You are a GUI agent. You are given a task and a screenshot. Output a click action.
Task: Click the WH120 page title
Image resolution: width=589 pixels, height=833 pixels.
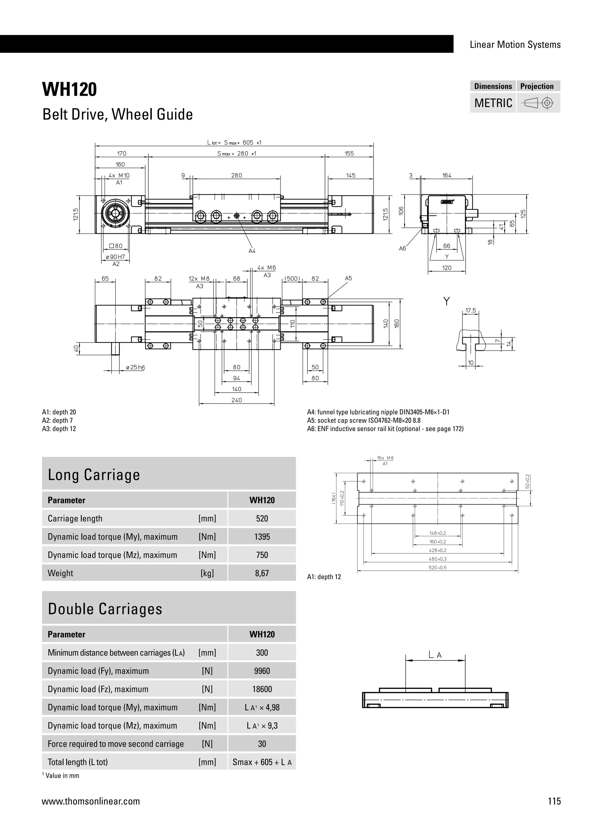pyautogui.click(x=70, y=90)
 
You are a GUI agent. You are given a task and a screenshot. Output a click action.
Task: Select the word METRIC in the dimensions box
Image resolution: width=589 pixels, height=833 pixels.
pyautogui.click(x=493, y=103)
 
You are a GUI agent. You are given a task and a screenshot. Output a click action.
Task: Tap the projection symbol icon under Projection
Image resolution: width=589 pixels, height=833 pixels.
pyautogui.click(x=538, y=103)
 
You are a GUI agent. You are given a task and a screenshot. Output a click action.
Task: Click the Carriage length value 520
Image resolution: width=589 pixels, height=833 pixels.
pyautogui.click(x=262, y=518)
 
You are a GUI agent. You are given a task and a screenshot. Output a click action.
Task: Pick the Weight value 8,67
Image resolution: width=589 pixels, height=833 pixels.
pyautogui.click(x=262, y=573)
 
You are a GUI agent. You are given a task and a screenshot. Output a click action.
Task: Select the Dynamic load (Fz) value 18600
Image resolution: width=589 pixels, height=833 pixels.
pyautogui.click(x=262, y=689)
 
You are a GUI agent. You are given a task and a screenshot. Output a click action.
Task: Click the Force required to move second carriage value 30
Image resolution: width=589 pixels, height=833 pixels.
pyautogui.click(x=262, y=744)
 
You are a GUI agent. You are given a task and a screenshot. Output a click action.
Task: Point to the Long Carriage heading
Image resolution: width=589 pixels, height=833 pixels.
pyautogui.click(x=94, y=475)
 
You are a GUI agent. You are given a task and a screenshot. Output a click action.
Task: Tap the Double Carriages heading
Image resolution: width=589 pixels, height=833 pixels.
pyautogui.click(x=105, y=609)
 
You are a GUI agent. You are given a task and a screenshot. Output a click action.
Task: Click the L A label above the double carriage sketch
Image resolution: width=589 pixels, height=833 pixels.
pyautogui.click(x=435, y=655)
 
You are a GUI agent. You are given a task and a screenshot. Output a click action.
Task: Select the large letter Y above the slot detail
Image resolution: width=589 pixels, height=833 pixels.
pyautogui.click(x=446, y=301)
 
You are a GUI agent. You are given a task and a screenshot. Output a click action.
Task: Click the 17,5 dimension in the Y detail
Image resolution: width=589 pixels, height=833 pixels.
pyautogui.click(x=471, y=311)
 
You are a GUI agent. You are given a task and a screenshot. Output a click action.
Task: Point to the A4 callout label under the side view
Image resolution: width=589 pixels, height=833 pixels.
pyautogui.click(x=252, y=251)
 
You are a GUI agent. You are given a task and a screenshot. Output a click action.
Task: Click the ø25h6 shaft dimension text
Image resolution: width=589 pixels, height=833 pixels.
pyautogui.click(x=135, y=368)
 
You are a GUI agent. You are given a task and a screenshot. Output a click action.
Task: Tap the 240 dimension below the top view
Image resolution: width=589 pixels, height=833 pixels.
pyautogui.click(x=236, y=400)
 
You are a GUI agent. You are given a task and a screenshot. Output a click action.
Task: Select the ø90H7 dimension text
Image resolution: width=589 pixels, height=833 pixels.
pyautogui.click(x=115, y=257)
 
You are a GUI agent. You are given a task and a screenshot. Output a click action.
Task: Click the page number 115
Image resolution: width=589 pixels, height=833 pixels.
pyautogui.click(x=554, y=801)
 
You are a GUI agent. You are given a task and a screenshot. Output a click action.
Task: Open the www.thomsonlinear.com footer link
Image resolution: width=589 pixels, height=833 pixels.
pyautogui.click(x=91, y=801)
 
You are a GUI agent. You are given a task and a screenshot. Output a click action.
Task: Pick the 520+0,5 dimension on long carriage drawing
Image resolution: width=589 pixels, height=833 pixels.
pyautogui.click(x=437, y=568)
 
